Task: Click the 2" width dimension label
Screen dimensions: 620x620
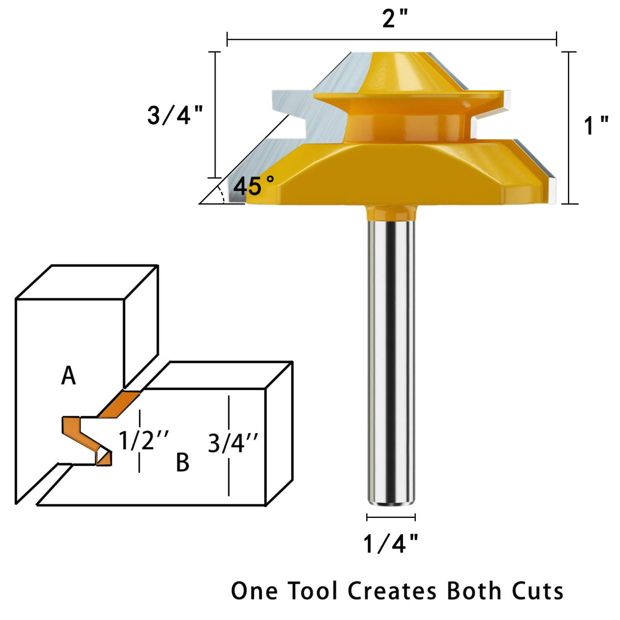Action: click(x=395, y=19)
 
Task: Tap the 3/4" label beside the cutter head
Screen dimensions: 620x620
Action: click(x=175, y=115)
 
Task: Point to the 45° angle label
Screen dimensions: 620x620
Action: click(x=254, y=186)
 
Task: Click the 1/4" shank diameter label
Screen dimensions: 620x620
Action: click(x=391, y=544)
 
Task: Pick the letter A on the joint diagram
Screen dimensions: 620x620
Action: click(x=68, y=376)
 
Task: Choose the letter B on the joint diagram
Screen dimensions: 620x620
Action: click(x=182, y=462)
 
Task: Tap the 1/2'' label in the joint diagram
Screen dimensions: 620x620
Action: click(x=144, y=440)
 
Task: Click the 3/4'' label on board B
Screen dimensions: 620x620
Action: click(x=233, y=443)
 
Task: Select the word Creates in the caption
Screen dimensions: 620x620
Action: click(x=392, y=591)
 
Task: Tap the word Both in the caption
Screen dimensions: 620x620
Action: click(x=474, y=591)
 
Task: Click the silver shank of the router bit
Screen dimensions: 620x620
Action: click(x=391, y=357)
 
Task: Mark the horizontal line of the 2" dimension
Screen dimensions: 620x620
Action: click(x=391, y=39)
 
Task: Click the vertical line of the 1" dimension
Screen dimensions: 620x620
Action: click(x=569, y=128)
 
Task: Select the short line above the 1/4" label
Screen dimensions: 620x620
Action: click(x=391, y=517)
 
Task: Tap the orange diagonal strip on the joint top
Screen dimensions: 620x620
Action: click(x=118, y=404)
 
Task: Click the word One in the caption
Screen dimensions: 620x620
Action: click(x=254, y=591)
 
